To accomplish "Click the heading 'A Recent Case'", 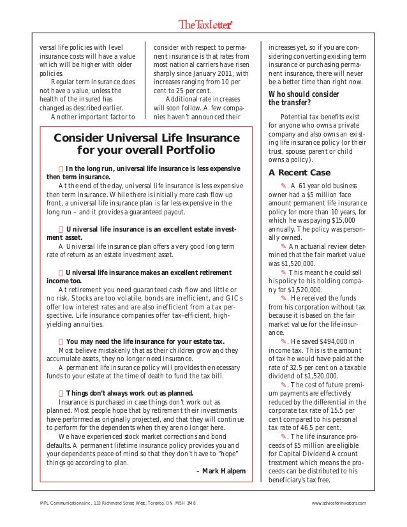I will point(299,172).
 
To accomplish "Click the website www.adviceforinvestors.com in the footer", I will point(339,504).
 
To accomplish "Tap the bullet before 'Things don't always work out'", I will point(61,393).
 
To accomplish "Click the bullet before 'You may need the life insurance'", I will point(61,340).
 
